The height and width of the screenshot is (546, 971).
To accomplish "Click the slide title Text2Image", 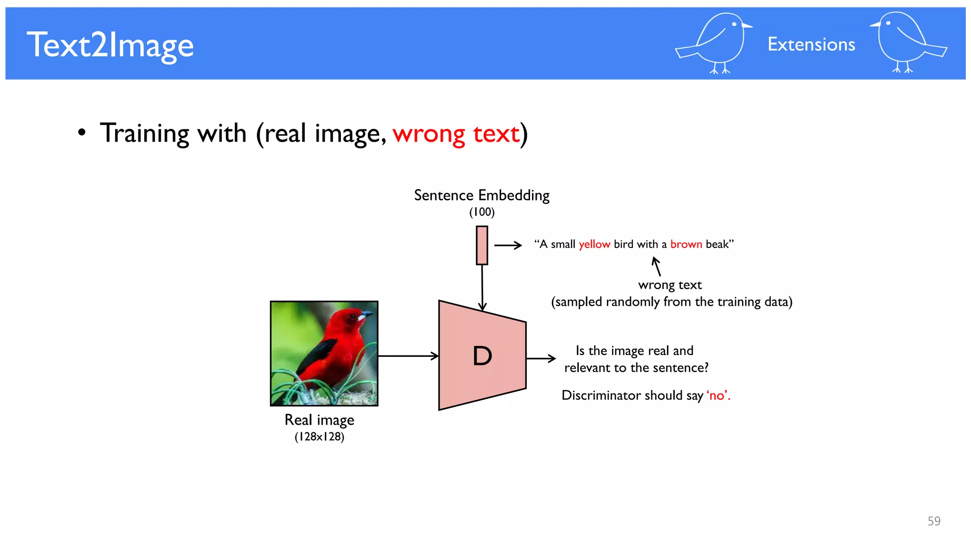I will (x=110, y=45).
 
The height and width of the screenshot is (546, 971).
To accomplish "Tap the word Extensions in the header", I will (x=811, y=45).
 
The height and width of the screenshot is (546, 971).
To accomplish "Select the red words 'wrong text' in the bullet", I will (x=456, y=134).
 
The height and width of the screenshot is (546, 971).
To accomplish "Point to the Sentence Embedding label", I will (x=481, y=195).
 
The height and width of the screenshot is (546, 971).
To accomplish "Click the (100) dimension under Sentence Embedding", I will (x=482, y=212).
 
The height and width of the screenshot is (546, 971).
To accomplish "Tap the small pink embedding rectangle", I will (x=482, y=245).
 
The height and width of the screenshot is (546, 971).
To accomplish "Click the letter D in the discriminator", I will (x=482, y=356).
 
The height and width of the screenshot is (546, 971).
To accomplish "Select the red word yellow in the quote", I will (x=594, y=245).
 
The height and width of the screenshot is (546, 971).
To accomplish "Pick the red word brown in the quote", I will (x=686, y=245).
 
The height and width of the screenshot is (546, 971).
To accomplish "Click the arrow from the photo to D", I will (x=408, y=355).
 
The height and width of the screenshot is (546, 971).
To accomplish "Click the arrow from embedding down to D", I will (x=482, y=287).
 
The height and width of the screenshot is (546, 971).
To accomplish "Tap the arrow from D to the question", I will (x=540, y=358).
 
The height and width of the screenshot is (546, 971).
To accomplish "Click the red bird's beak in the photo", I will (x=366, y=315).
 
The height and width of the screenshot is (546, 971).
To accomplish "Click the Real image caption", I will (x=319, y=420).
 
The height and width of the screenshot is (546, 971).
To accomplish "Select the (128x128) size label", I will (x=319, y=437).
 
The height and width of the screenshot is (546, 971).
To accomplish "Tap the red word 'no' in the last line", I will (x=717, y=395).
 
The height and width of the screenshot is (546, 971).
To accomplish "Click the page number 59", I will (x=934, y=521).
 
